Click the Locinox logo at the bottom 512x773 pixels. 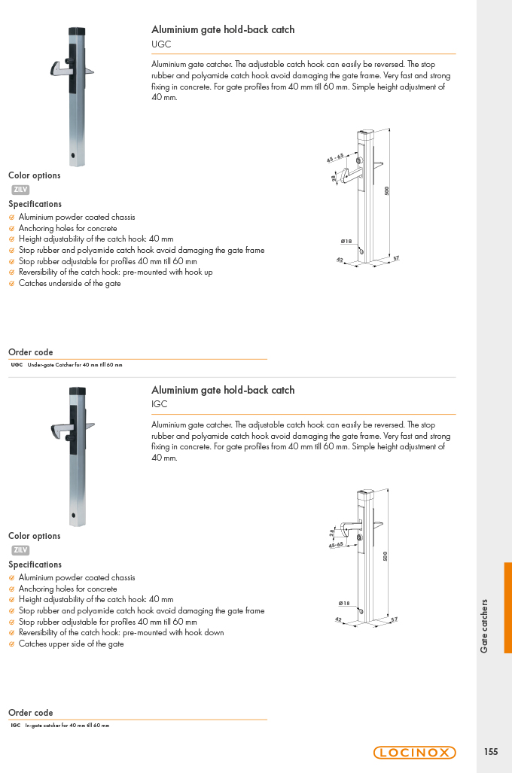click(x=414, y=752)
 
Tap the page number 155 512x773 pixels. click(x=491, y=752)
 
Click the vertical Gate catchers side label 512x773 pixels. click(x=484, y=626)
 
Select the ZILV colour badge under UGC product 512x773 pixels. click(x=20, y=190)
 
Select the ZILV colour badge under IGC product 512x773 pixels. click(x=20, y=550)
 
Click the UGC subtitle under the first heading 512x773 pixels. click(x=161, y=44)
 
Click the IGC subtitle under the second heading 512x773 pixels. click(x=160, y=404)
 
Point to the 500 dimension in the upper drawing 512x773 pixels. click(x=387, y=190)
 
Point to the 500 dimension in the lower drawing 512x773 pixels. click(x=386, y=556)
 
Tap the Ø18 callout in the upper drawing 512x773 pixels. click(x=346, y=241)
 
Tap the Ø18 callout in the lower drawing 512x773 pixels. click(x=344, y=603)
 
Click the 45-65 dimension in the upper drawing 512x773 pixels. click(x=335, y=158)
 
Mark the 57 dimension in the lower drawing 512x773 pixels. click(x=394, y=619)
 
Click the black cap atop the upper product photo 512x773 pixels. click(x=77, y=32)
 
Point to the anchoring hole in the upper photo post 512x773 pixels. click(x=74, y=155)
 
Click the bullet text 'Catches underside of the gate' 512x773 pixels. click(x=69, y=284)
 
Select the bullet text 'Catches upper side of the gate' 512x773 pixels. click(x=71, y=644)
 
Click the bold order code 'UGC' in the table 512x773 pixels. click(x=17, y=365)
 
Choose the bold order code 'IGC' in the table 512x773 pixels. click(x=16, y=725)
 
